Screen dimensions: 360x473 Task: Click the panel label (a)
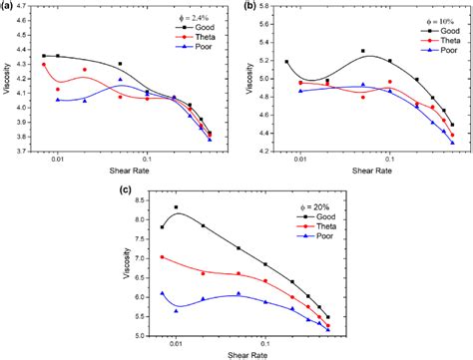[9, 7]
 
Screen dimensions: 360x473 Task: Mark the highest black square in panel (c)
[177, 207]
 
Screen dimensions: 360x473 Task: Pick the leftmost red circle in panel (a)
[44, 65]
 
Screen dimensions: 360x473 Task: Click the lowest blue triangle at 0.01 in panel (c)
[177, 310]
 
